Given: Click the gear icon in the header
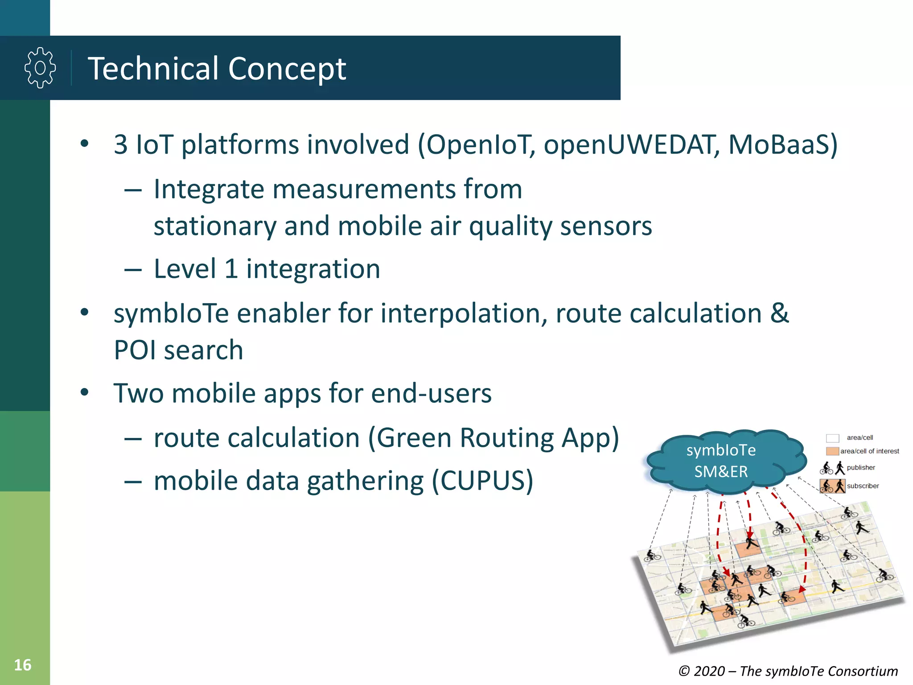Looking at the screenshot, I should (40, 68).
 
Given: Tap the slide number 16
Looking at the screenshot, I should (23, 665).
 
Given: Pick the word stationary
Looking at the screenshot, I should (215, 226).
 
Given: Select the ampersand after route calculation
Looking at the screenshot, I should (779, 313).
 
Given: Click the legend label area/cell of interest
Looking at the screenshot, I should (869, 451).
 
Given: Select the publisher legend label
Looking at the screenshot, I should (860, 468).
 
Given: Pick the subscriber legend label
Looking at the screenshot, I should (863, 486).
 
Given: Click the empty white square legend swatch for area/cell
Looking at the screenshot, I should (832, 438).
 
